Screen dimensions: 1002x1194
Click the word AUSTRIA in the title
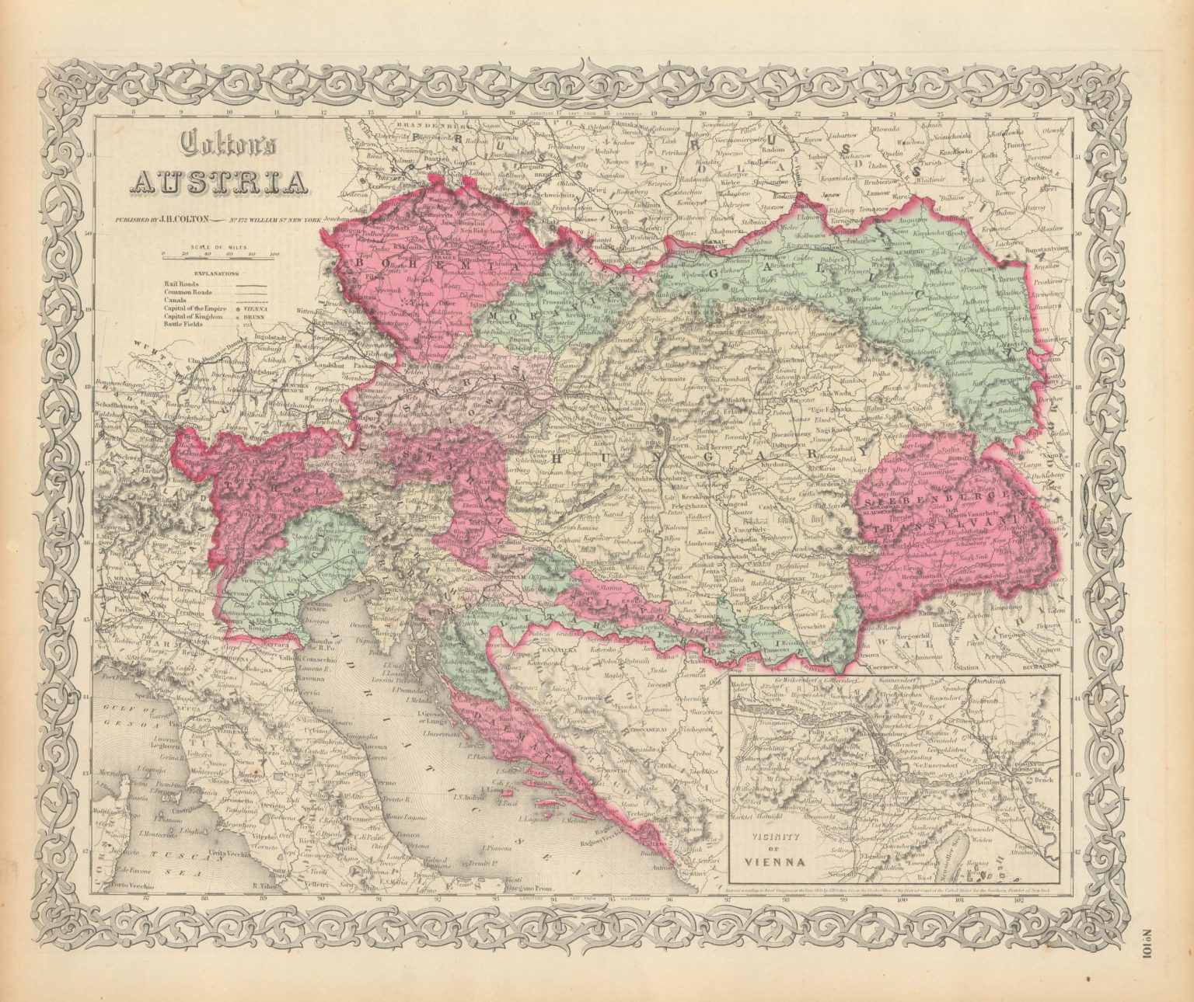pos(221,181)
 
